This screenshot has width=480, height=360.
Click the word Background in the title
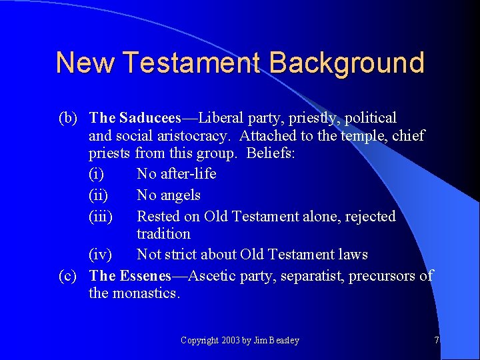[x=347, y=63]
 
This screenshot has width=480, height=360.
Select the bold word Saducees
[x=150, y=118]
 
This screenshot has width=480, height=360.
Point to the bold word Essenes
[x=144, y=275]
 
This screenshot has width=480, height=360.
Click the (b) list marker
[x=69, y=118]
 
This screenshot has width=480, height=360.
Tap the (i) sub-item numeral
[x=97, y=174]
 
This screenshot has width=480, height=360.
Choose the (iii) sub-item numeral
[x=101, y=217]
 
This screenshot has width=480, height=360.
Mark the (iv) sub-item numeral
[x=101, y=255]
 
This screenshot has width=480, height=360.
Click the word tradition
[x=163, y=234]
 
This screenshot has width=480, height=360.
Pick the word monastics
[x=147, y=293]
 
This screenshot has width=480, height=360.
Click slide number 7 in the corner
[x=437, y=341]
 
